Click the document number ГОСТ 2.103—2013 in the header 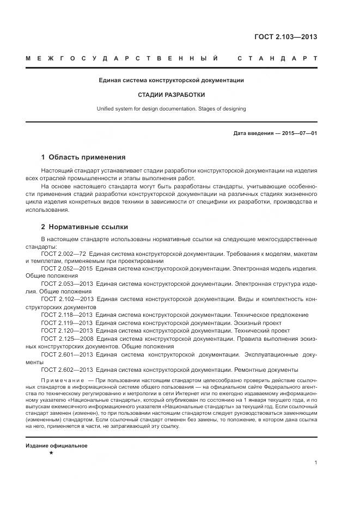pos(285,37)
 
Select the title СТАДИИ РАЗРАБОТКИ pos(171,94)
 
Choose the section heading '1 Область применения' pos(83,157)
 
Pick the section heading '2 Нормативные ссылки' pos(84,227)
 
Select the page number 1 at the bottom pos(316,463)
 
